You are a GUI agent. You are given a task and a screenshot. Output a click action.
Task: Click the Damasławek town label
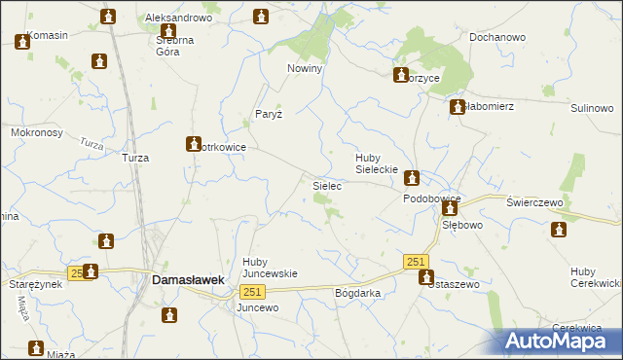point(189,279)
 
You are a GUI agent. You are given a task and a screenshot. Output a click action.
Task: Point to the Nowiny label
point(305,69)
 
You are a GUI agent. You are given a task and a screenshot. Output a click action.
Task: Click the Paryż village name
point(269,114)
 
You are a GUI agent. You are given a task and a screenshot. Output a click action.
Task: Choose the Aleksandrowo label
point(178,18)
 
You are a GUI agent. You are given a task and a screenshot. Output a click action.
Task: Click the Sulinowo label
point(591,108)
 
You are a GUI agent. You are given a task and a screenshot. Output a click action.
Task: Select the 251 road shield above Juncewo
point(251,293)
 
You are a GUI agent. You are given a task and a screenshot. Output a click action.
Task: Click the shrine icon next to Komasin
point(22,42)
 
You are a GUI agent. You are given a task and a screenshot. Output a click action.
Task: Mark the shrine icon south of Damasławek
point(170,315)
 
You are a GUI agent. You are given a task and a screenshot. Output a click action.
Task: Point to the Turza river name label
point(92,143)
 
